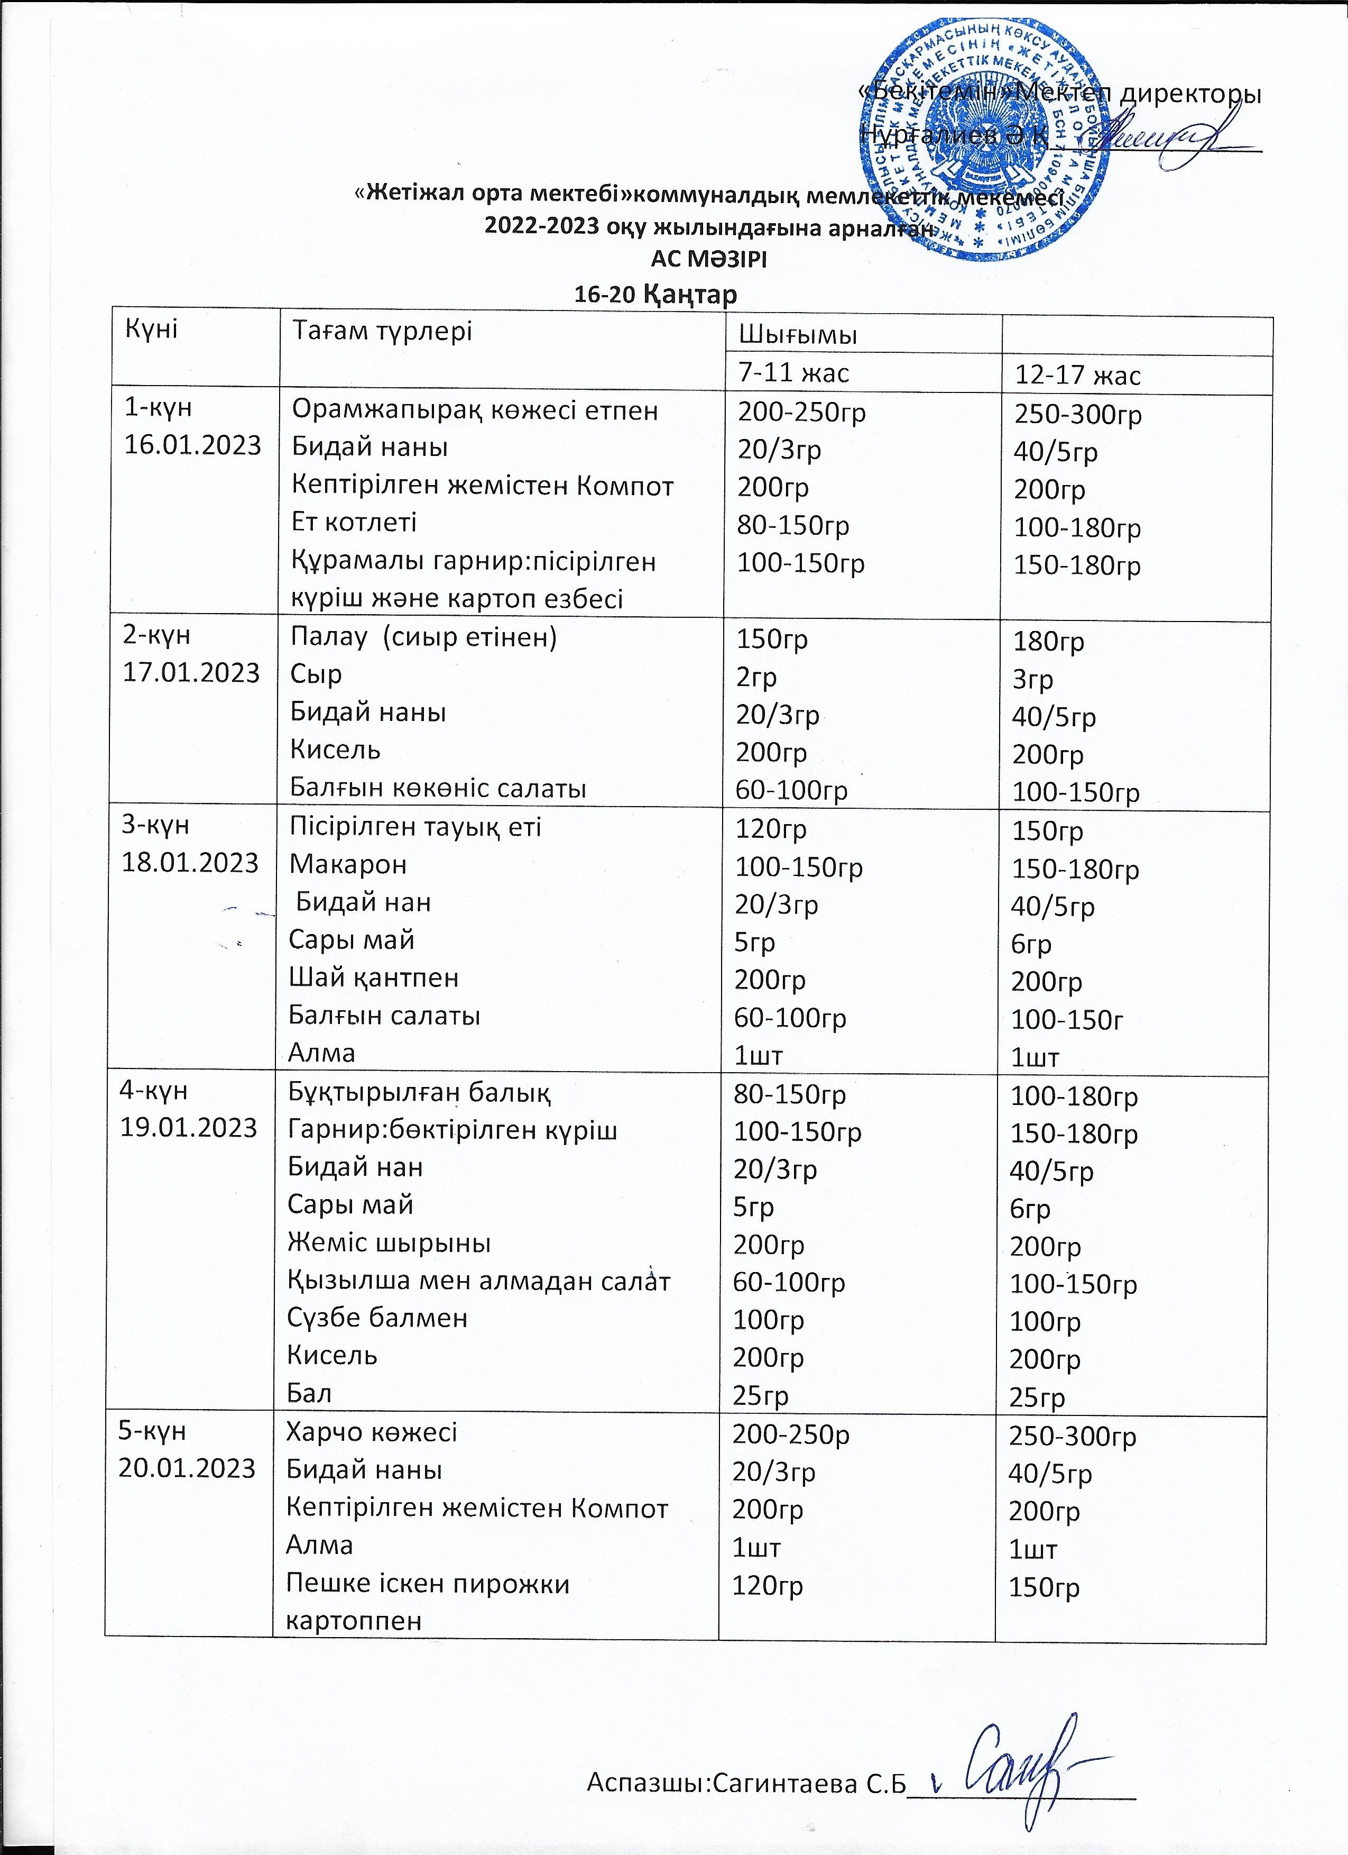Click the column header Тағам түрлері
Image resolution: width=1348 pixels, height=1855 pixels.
pos(383,331)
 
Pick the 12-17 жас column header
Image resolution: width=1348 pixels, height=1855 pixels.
pos(1077,374)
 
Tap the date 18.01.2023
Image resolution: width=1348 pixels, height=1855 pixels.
pos(190,863)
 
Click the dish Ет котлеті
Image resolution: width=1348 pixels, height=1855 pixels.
pos(355,522)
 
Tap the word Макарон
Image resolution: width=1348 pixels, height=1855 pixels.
pos(347,864)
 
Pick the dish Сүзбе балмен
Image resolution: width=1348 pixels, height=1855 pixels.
pos(377,1317)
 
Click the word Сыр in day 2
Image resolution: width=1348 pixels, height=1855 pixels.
pos(316,674)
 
